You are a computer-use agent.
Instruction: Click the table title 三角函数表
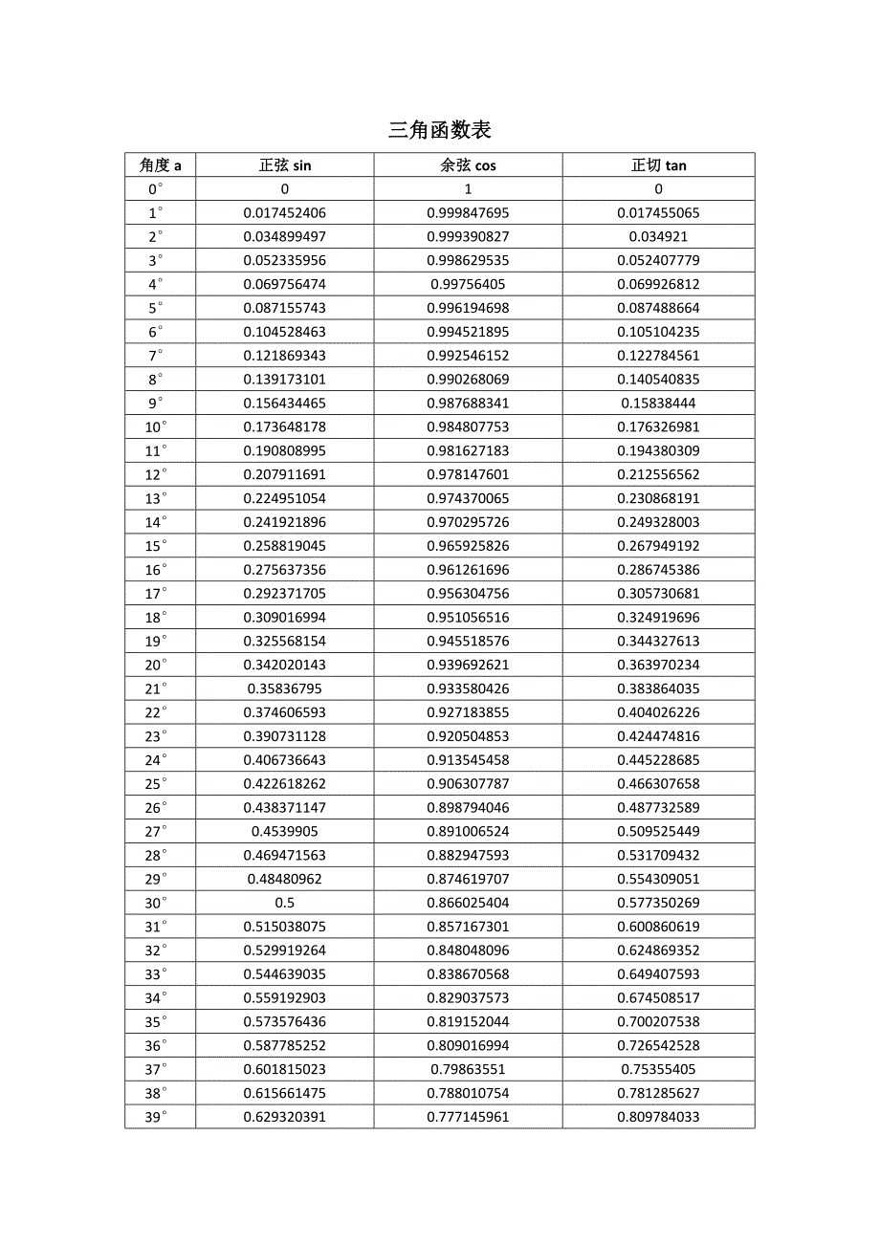coord(440,130)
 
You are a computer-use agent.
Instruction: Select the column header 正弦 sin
coord(285,165)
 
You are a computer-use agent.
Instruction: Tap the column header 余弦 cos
coord(468,165)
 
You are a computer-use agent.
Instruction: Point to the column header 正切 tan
coord(658,165)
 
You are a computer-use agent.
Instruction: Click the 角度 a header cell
coord(160,165)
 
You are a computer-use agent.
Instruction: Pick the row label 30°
coord(157,903)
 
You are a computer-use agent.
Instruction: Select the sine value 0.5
coord(285,903)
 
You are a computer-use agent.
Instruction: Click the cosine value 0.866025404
coord(468,903)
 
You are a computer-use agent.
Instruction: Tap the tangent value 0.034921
coord(658,236)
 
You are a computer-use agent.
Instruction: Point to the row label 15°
coord(157,546)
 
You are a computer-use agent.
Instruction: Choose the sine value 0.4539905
coord(285,832)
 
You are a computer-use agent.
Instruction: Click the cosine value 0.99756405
coord(468,284)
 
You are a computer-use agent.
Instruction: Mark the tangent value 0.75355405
coord(658,1070)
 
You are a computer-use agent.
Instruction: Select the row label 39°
coord(157,1117)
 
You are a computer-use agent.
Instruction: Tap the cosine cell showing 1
coord(468,189)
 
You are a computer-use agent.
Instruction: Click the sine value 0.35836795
coord(285,688)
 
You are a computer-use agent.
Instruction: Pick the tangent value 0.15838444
coord(658,404)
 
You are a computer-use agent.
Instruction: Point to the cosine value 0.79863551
coord(468,1070)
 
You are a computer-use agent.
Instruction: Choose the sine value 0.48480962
coord(285,879)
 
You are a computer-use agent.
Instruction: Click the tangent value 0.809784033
coord(658,1117)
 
